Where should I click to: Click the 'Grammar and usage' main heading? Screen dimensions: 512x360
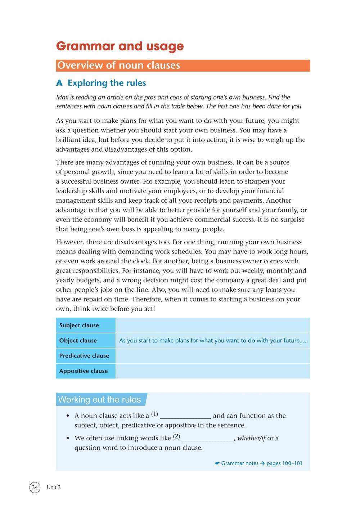click(120, 46)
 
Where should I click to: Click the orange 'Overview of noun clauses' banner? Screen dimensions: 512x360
click(183, 66)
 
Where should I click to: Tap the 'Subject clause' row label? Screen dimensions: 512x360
click(79, 325)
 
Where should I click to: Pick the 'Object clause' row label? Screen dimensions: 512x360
click(78, 341)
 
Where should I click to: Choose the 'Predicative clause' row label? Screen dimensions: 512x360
click(84, 356)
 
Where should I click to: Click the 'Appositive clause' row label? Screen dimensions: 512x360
click(83, 371)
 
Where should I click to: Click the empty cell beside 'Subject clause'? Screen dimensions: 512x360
click(212, 325)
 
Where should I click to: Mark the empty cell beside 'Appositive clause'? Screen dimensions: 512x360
click(212, 371)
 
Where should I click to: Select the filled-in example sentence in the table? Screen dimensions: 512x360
click(213, 341)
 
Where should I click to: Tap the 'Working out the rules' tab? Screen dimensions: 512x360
click(99, 400)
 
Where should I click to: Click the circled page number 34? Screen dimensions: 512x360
click(35, 488)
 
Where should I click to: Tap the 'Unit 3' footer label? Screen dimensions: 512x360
click(54, 488)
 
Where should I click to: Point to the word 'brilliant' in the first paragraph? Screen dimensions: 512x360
click(69, 140)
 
